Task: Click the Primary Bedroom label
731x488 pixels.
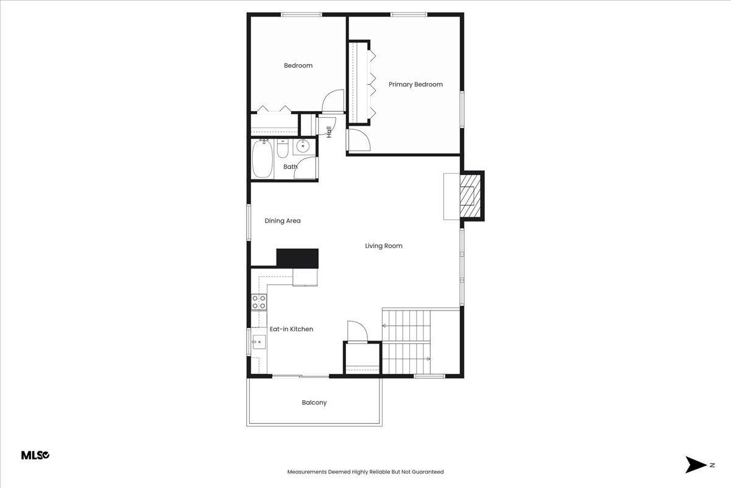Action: [x=415, y=84]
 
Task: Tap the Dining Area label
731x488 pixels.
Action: [x=283, y=221]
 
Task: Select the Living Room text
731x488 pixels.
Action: [x=384, y=246]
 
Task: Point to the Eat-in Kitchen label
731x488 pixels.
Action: [x=291, y=329]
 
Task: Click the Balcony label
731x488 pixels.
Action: [x=314, y=403]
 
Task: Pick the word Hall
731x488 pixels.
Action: [x=329, y=131]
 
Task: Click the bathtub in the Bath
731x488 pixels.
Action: [x=262, y=159]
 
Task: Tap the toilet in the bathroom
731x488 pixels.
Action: [x=283, y=149]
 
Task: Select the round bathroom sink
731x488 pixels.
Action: [x=303, y=146]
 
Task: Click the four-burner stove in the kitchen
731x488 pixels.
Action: [x=259, y=301]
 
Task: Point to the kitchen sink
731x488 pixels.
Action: [x=259, y=342]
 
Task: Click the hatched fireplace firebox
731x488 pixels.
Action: [x=468, y=196]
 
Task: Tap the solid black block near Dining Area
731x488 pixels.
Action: [x=297, y=258]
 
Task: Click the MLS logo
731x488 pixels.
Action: [x=35, y=455]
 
